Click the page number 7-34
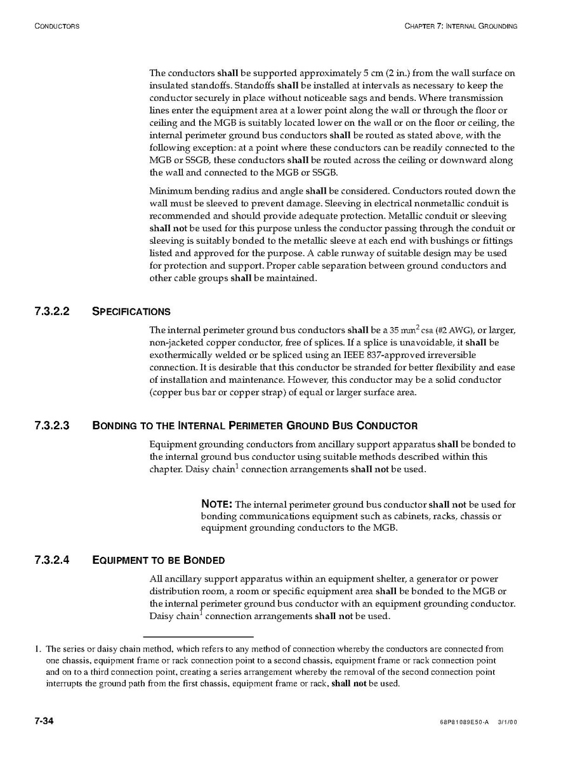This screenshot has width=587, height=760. click(44, 722)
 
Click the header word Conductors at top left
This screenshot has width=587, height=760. click(56, 26)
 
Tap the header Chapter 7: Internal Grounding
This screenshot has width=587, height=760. click(460, 26)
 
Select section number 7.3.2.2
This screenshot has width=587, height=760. click(55, 311)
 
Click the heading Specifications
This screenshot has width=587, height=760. click(131, 312)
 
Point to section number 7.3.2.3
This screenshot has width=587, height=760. click(55, 425)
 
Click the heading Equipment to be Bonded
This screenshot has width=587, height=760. click(159, 560)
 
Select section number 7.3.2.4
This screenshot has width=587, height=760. click(55, 560)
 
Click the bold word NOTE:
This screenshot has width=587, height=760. click(216, 504)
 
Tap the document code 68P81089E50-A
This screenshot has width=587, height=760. click(463, 723)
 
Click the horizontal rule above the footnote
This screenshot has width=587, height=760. click(198, 636)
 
